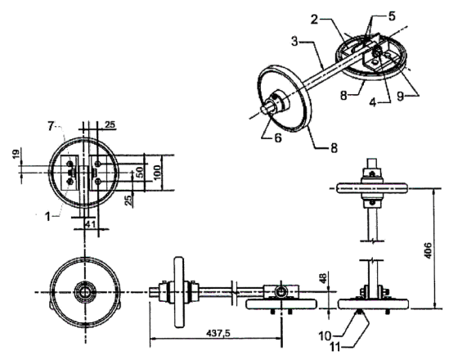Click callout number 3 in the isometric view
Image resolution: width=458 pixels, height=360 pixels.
[295, 42]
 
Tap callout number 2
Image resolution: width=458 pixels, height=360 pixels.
[314, 20]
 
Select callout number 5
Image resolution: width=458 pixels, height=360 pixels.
[392, 16]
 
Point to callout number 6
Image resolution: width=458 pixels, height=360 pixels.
[277, 137]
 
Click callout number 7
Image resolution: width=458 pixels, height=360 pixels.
[51, 127]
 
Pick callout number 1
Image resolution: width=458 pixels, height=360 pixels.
[47, 217]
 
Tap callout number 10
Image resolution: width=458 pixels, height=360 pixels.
[325, 336]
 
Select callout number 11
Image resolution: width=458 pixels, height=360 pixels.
[336, 348]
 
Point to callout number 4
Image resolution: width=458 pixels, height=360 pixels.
[373, 102]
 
